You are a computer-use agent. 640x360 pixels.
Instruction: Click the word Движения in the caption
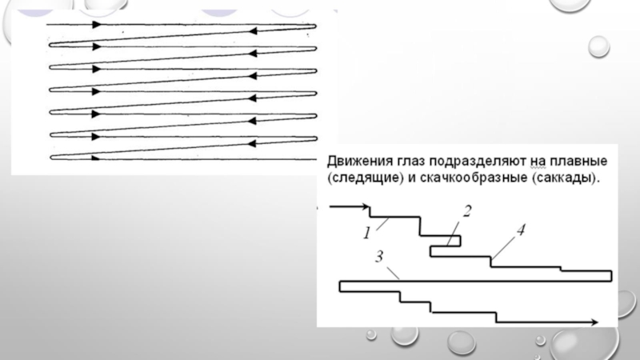358,162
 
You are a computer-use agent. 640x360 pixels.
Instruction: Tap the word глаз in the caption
410,162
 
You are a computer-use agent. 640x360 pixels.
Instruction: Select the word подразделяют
478,162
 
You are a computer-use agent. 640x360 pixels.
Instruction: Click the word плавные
578,162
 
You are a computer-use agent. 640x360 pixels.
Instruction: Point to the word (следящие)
366,178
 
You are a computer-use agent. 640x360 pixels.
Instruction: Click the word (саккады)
566,178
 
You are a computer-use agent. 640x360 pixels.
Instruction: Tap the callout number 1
367,234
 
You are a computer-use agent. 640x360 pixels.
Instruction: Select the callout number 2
467,211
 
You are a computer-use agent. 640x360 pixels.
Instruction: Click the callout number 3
379,257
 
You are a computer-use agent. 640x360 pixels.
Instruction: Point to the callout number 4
521,230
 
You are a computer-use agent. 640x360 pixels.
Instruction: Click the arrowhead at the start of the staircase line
365,207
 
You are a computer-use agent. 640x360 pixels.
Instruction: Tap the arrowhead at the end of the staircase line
594,322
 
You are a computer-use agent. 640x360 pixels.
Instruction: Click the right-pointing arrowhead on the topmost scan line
96,25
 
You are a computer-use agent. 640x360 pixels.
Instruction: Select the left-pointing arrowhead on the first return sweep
253,31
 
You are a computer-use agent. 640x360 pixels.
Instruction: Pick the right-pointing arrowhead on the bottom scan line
95,158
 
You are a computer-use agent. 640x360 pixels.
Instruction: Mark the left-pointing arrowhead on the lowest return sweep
252,143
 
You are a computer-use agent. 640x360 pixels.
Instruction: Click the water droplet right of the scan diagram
598,46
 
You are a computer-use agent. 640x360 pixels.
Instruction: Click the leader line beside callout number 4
504,247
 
